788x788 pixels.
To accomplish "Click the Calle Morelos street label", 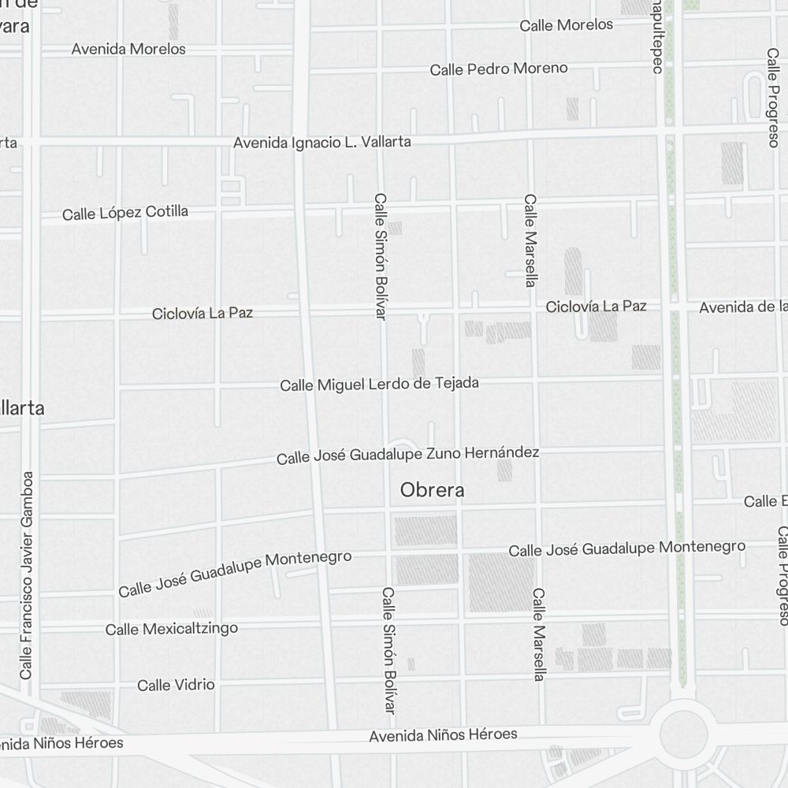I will (x=566, y=25).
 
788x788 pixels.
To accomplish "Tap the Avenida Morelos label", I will (x=128, y=49).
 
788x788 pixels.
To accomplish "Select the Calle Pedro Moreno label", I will (x=499, y=69).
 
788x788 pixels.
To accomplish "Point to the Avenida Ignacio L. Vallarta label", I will (x=322, y=143).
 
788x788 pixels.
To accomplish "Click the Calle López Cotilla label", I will (x=125, y=213).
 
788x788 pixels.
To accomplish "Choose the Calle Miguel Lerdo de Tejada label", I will (x=380, y=385).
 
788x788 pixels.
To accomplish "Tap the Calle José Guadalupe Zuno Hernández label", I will (x=407, y=455).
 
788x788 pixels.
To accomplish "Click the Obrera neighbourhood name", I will (x=433, y=490).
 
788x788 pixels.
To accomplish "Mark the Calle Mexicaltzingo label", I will (x=172, y=629).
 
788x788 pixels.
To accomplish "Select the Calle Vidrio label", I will (x=176, y=685).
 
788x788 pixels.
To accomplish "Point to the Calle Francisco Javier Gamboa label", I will (x=28, y=575).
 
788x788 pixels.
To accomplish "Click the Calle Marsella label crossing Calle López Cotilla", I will (x=530, y=240).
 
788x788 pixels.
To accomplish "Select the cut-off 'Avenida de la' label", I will (x=743, y=307).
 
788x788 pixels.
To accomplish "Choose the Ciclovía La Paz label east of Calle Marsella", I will (x=597, y=306).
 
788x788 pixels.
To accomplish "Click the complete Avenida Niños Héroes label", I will (x=444, y=735).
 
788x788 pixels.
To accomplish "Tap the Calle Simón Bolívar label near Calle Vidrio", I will (x=388, y=651).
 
